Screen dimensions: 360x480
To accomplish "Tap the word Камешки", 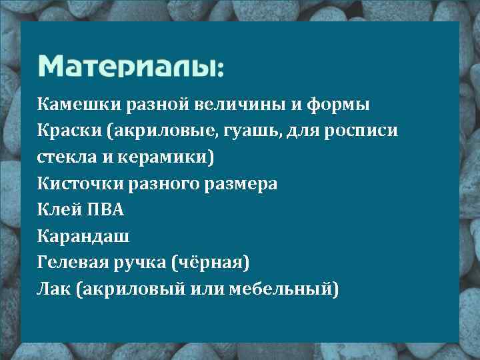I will click(x=70, y=105).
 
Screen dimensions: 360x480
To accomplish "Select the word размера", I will click(x=243, y=183).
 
